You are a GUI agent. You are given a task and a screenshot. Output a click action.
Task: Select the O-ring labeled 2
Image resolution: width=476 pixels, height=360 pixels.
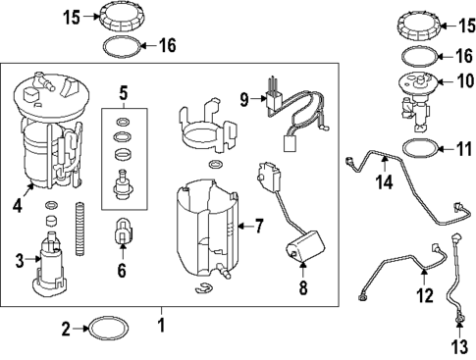106,330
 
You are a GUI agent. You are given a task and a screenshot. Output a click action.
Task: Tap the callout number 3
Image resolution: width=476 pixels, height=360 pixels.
20,260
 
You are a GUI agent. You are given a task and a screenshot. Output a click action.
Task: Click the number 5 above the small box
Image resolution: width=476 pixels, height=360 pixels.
123,94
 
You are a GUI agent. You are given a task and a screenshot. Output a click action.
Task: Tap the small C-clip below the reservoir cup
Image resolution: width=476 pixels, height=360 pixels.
204,286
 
